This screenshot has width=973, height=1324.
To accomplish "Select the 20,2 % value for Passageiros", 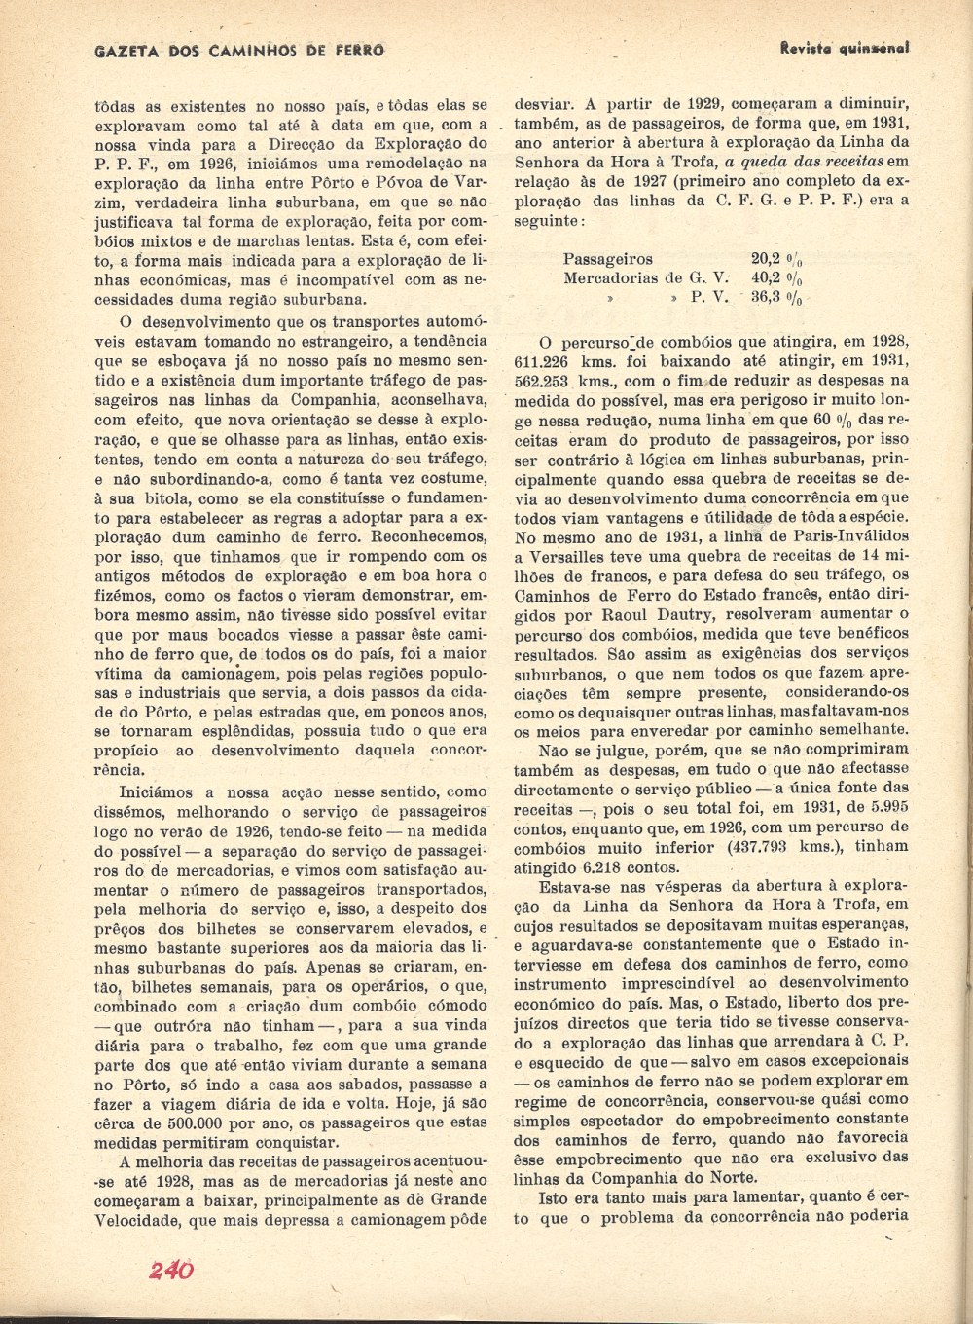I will [776, 259].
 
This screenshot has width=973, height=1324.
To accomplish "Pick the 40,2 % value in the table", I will [776, 278].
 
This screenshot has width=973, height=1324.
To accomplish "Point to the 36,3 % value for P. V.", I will [776, 299].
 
